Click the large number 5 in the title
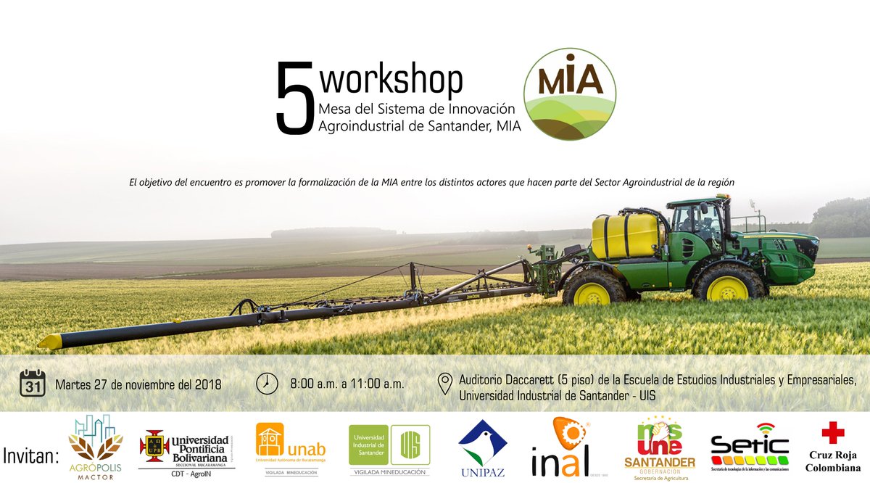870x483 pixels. point(294,99)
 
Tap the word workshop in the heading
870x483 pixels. point(391,80)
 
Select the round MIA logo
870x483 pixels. point(570,94)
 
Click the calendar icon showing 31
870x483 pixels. point(33,383)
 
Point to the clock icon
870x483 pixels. point(267,383)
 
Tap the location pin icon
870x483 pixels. point(446,384)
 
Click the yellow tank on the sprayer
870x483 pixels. point(624,236)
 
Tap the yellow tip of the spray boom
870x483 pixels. point(50,342)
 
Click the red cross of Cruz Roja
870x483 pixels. point(833,432)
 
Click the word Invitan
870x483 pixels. point(31,456)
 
